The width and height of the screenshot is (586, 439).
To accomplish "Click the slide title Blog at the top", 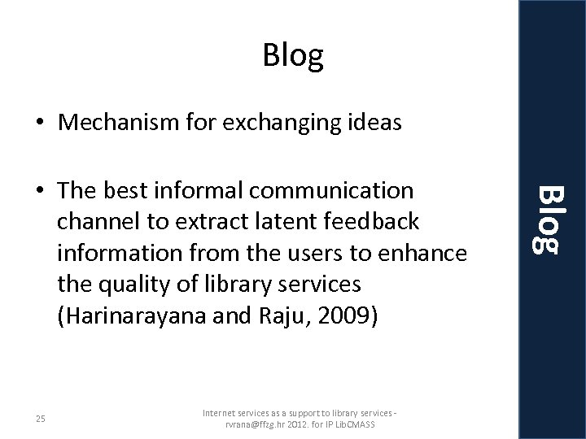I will (x=293, y=55).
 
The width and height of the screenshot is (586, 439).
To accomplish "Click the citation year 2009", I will (x=348, y=317).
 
